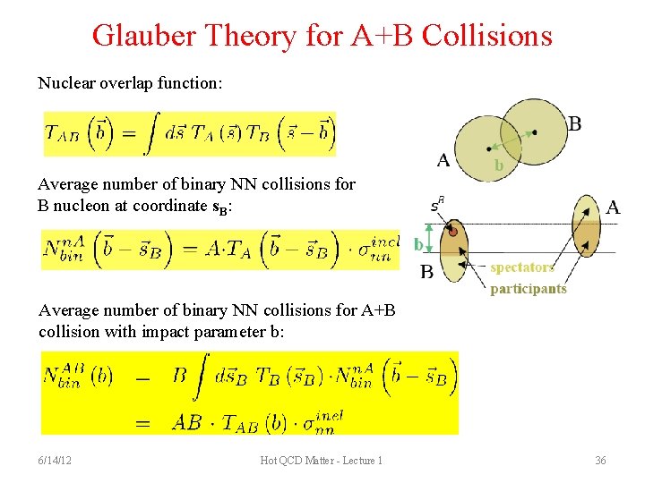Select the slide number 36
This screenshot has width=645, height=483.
(x=600, y=461)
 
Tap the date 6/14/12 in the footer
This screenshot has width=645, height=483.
(x=56, y=461)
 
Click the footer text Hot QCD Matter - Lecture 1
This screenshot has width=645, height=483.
(x=322, y=461)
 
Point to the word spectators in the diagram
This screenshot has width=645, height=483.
(x=522, y=267)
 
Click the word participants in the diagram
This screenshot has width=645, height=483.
(x=529, y=288)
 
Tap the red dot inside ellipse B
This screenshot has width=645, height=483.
(x=453, y=233)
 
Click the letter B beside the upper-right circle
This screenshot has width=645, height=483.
(x=574, y=123)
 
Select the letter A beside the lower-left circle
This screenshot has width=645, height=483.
(x=443, y=160)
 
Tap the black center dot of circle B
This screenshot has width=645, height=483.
(x=534, y=132)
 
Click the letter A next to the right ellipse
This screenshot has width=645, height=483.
(x=613, y=208)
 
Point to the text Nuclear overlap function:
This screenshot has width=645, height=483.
(x=131, y=83)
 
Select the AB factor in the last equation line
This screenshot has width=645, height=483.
(x=186, y=421)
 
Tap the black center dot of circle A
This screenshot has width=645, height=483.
(x=487, y=148)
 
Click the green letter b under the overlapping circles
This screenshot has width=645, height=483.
(x=498, y=166)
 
